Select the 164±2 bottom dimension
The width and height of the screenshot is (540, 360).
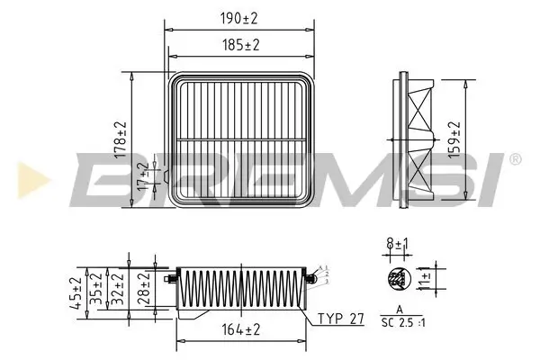(243, 330)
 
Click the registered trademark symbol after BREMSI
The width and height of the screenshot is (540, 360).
(514, 159)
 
